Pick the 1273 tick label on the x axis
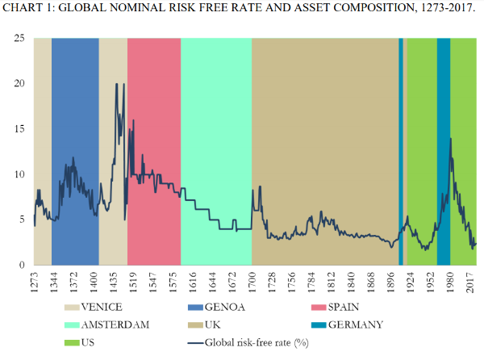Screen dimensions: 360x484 point(35,285)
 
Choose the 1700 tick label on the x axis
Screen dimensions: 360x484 point(252,285)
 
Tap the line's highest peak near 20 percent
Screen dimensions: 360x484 point(116,84)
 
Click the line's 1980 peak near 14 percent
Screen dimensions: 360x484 point(450,138)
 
